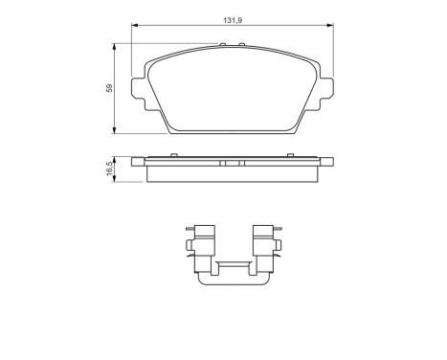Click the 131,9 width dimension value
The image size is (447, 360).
click(233, 20)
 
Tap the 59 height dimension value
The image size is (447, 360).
click(109, 88)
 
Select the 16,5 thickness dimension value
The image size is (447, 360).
click(109, 169)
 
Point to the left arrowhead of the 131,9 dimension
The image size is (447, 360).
click(134, 25)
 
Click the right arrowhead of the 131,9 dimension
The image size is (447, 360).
click(330, 25)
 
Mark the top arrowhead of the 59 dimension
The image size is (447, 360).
click(114, 46)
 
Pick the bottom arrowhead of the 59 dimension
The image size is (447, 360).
click(114, 130)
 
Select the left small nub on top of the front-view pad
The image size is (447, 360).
click(223, 44)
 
